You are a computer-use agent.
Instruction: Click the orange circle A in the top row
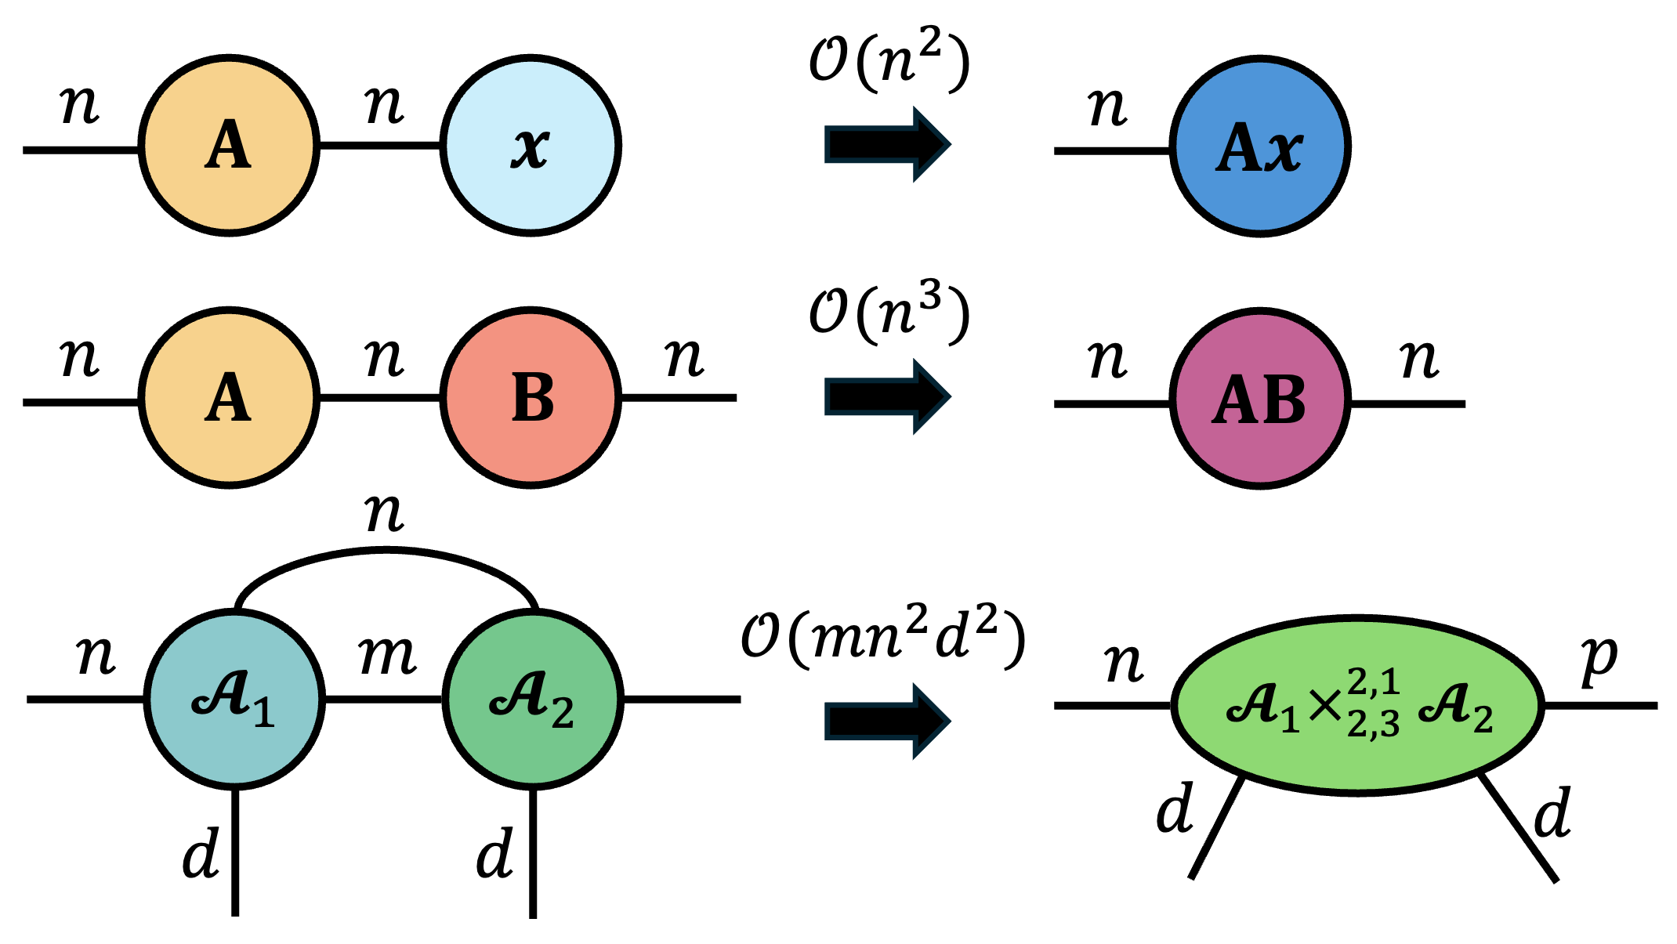tap(229, 146)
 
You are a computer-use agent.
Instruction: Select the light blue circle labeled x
tap(531, 146)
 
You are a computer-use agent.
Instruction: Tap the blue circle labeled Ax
tap(1260, 146)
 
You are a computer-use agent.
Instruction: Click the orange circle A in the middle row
tap(229, 398)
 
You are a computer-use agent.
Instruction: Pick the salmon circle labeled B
tap(531, 398)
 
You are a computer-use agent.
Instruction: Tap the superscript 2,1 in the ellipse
tap(1374, 682)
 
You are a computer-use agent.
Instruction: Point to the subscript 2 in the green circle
tap(563, 714)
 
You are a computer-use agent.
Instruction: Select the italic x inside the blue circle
tap(1282, 149)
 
